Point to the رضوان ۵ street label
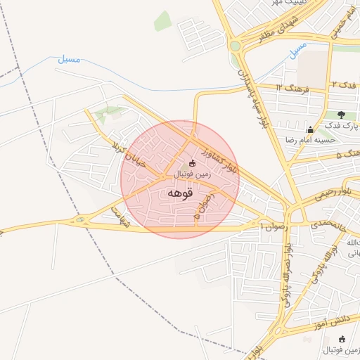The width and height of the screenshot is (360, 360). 209,208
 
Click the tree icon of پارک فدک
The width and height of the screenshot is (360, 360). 341,115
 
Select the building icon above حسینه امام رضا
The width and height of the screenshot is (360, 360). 310,129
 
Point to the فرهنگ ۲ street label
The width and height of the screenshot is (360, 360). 289,88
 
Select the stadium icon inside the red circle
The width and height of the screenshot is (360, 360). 193,163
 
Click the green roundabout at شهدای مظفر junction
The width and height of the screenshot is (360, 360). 235,46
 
